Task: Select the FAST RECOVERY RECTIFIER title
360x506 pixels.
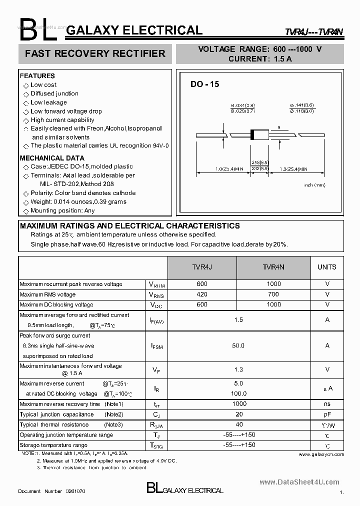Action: pyautogui.click(x=95, y=53)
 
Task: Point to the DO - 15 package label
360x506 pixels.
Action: pyautogui.click(x=204, y=84)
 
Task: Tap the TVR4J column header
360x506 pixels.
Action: pyautogui.click(x=202, y=267)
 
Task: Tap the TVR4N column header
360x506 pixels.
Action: pyautogui.click(x=273, y=267)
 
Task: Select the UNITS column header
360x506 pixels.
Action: pyautogui.click(x=327, y=267)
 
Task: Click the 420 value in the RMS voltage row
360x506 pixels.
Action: pyautogui.click(x=202, y=294)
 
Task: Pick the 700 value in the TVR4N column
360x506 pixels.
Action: pyautogui.click(x=273, y=294)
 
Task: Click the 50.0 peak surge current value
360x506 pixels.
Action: pyautogui.click(x=238, y=345)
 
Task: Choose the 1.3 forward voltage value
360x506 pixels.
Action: pyautogui.click(x=238, y=369)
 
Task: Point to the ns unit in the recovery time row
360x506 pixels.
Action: pyautogui.click(x=327, y=404)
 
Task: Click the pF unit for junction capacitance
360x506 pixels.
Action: pyautogui.click(x=327, y=414)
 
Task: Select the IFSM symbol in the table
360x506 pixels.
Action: pyautogui.click(x=156, y=346)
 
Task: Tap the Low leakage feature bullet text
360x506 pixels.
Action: pyautogui.click(x=48, y=102)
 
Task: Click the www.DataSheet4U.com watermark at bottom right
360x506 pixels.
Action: pyautogui.click(x=299, y=482)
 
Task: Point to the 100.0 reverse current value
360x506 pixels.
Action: pyautogui.click(x=238, y=394)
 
